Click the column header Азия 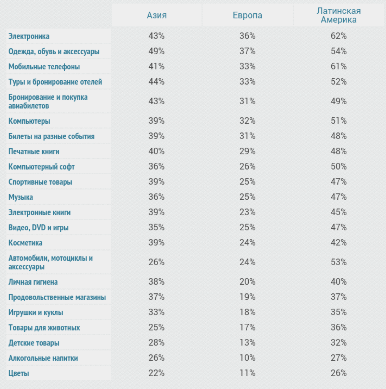click(x=156, y=15)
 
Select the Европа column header click(x=247, y=15)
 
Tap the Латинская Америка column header click(x=339, y=15)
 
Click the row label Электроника click(x=29, y=36)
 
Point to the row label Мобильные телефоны click(x=44, y=67)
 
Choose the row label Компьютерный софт click(x=41, y=167)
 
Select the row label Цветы click(x=19, y=373)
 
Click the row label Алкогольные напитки click(x=43, y=358)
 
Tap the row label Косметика click(x=26, y=243)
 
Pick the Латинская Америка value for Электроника click(x=339, y=36)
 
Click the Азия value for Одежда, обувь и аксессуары click(x=156, y=51)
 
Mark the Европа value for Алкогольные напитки click(x=247, y=358)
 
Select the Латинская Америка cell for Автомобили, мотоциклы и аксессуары click(x=339, y=262)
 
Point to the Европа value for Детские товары click(x=247, y=343)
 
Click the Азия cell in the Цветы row click(x=156, y=373)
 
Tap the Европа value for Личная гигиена click(x=247, y=282)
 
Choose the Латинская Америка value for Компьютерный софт click(x=339, y=166)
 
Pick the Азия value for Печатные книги click(x=156, y=151)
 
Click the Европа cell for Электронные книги click(x=247, y=212)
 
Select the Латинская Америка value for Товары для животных click(x=339, y=327)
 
